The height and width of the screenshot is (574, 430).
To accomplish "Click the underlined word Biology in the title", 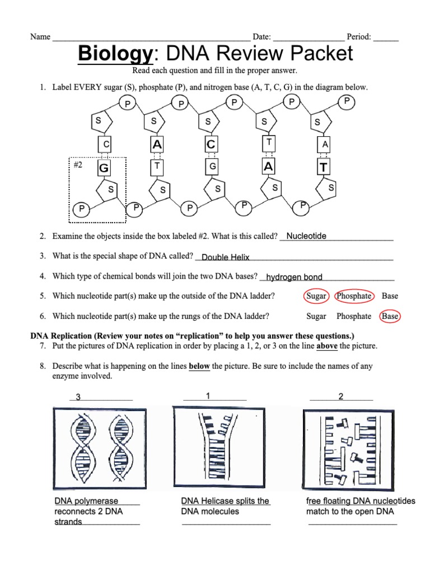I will click(x=114, y=54).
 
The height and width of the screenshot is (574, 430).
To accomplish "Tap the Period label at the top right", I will click(x=359, y=37).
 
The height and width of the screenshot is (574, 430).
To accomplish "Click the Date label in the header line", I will click(x=261, y=37).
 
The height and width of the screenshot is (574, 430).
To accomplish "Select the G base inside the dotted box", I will click(x=104, y=168).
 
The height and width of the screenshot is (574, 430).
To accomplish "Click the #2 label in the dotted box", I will click(x=78, y=165).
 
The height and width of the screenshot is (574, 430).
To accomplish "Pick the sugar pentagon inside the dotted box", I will click(x=110, y=190).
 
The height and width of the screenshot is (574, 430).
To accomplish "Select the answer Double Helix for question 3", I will click(x=225, y=257).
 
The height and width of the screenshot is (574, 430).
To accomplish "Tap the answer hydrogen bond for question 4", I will click(x=294, y=277).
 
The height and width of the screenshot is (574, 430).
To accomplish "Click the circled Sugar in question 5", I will click(x=316, y=296).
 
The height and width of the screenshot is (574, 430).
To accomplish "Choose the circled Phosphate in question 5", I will click(x=353, y=296).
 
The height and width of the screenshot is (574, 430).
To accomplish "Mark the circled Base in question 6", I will click(x=390, y=316).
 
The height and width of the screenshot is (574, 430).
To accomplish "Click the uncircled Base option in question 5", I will click(x=390, y=296).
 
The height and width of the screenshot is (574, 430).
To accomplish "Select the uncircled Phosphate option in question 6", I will click(x=353, y=316).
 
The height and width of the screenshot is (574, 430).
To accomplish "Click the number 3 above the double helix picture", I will click(x=78, y=397).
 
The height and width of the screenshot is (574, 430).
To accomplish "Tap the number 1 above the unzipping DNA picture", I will click(x=208, y=396).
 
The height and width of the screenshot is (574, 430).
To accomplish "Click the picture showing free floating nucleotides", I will click(x=349, y=447).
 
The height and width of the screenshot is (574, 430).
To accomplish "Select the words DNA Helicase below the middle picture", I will click(x=205, y=501).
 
